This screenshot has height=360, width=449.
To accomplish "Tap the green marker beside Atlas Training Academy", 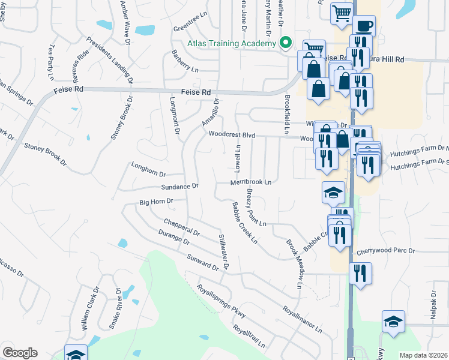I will (x=286, y=43).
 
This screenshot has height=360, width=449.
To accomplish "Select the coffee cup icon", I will (x=363, y=26).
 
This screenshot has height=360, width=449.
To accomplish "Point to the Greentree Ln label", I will (x=190, y=28).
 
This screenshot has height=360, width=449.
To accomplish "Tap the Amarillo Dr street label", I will (x=211, y=112).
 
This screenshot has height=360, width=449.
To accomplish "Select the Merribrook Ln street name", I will (x=251, y=181).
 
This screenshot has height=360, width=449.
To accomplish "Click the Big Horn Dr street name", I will (x=156, y=202).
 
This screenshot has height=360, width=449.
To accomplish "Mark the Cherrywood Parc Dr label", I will (x=386, y=252).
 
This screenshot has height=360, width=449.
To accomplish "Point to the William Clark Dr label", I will (x=90, y=310).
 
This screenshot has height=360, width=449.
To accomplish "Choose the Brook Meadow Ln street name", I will (x=294, y=264).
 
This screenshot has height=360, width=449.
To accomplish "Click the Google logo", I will (x=20, y=353).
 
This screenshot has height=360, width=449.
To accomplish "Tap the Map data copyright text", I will (x=423, y=355).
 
